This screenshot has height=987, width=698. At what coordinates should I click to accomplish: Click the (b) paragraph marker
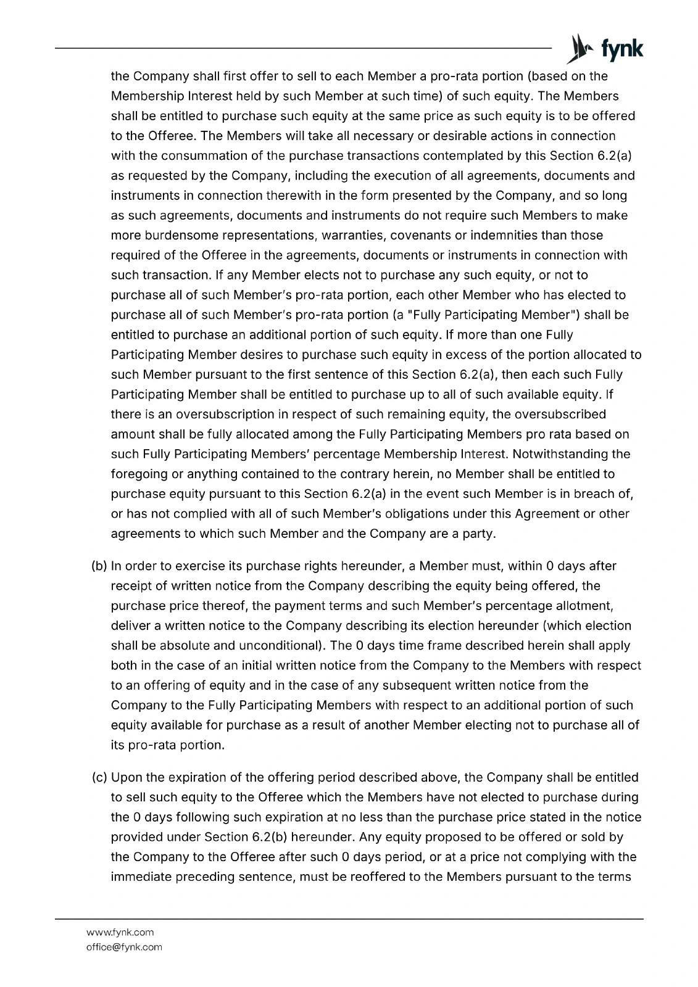coord(99,566)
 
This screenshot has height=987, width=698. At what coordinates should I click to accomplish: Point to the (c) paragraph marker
coord(99,777)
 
